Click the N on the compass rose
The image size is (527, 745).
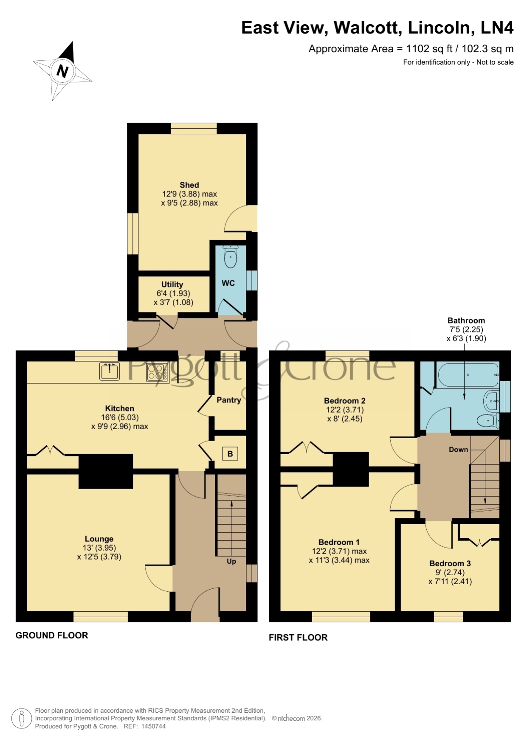click(62, 71)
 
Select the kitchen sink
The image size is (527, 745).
click(110, 371)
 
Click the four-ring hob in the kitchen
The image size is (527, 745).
click(158, 371)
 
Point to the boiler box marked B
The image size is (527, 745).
click(230, 454)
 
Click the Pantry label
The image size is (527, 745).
click(229, 400)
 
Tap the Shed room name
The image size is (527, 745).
click(189, 185)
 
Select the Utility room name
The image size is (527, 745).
click(172, 284)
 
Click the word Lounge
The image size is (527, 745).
click(99, 539)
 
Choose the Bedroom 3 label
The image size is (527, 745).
click(450, 563)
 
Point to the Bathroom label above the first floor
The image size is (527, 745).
click(466, 320)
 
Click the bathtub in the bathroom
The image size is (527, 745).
click(468, 375)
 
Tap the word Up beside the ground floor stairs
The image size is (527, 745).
click(231, 561)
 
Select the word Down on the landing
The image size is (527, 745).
click(459, 450)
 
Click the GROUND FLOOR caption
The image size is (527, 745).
click(52, 635)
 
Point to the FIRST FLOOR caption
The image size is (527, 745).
click(298, 638)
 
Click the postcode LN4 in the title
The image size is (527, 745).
click(497, 28)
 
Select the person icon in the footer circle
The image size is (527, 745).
click(21, 718)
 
